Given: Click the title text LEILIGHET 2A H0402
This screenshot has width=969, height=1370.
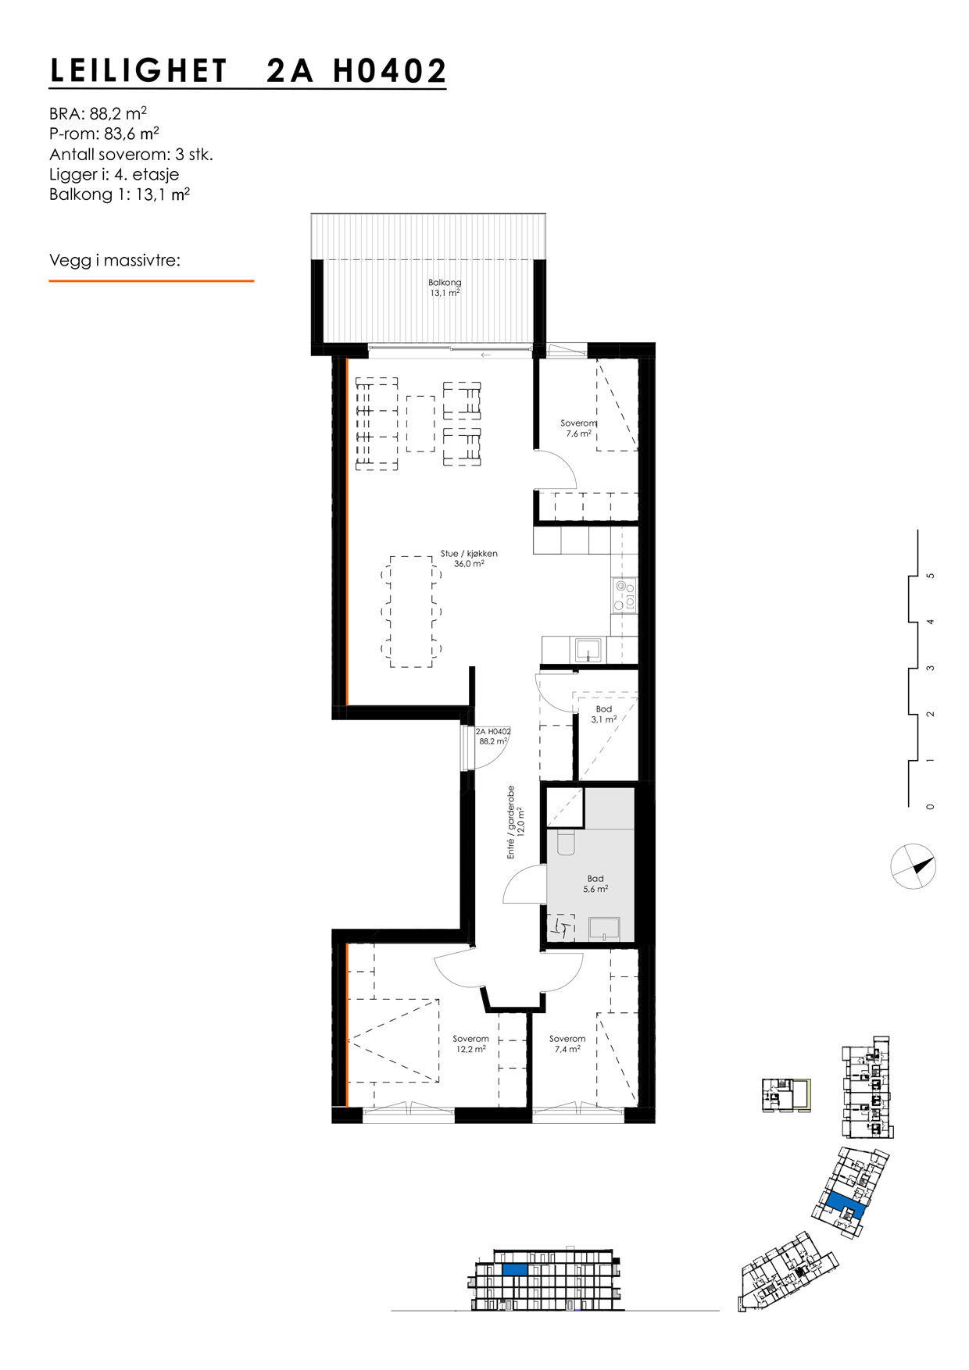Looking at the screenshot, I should (x=248, y=71).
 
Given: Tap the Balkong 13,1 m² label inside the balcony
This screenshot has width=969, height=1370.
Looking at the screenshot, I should (x=444, y=287).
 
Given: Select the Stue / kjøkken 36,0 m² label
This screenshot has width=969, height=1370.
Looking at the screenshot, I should (x=469, y=558).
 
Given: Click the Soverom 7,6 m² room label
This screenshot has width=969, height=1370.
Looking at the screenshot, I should (x=578, y=428).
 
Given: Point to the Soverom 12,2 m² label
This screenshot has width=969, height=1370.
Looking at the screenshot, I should (x=470, y=1044).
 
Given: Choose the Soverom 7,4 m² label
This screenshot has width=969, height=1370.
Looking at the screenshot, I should (x=567, y=1044).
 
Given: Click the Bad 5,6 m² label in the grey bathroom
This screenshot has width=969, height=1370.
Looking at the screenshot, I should (x=595, y=883).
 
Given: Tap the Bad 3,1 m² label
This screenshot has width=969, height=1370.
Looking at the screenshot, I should (x=603, y=714).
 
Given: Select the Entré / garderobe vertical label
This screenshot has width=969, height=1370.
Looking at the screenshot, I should (x=514, y=822).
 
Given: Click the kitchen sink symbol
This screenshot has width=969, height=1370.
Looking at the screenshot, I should (x=587, y=650).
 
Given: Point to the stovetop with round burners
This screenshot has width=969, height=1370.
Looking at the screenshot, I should (x=624, y=594).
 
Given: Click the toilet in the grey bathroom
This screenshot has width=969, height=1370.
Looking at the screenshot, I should (x=565, y=841).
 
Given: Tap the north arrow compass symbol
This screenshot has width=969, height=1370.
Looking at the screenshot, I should (x=913, y=866).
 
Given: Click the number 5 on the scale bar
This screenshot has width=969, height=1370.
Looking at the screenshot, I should (x=929, y=576).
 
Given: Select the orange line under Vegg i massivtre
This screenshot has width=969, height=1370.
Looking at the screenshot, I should (x=151, y=280).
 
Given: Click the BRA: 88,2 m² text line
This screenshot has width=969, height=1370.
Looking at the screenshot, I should (x=98, y=112).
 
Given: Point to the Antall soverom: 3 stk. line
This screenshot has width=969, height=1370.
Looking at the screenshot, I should (x=131, y=154).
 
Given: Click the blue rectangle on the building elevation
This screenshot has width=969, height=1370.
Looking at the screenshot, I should (x=513, y=1270).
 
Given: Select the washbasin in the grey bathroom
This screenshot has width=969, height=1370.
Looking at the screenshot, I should (x=604, y=927).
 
